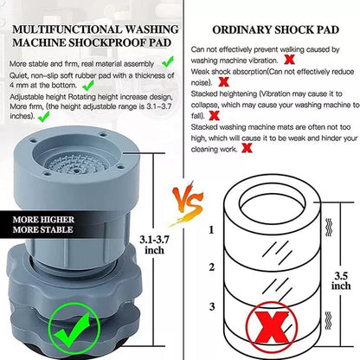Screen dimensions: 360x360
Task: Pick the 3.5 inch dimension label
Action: [342, 278]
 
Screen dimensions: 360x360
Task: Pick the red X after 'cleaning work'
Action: [247, 148]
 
